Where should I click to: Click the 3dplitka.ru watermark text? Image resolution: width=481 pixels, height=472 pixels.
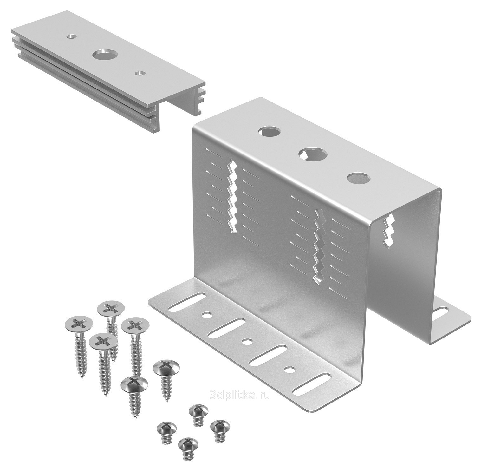tap(241, 395)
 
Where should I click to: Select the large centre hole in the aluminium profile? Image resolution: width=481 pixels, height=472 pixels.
tap(104, 55)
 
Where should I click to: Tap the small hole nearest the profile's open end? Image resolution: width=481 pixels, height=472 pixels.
tap(139, 73)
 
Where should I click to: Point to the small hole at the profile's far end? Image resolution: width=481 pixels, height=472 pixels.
tap(72, 36)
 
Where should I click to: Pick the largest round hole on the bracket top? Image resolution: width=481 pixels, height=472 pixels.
tap(313, 154)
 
